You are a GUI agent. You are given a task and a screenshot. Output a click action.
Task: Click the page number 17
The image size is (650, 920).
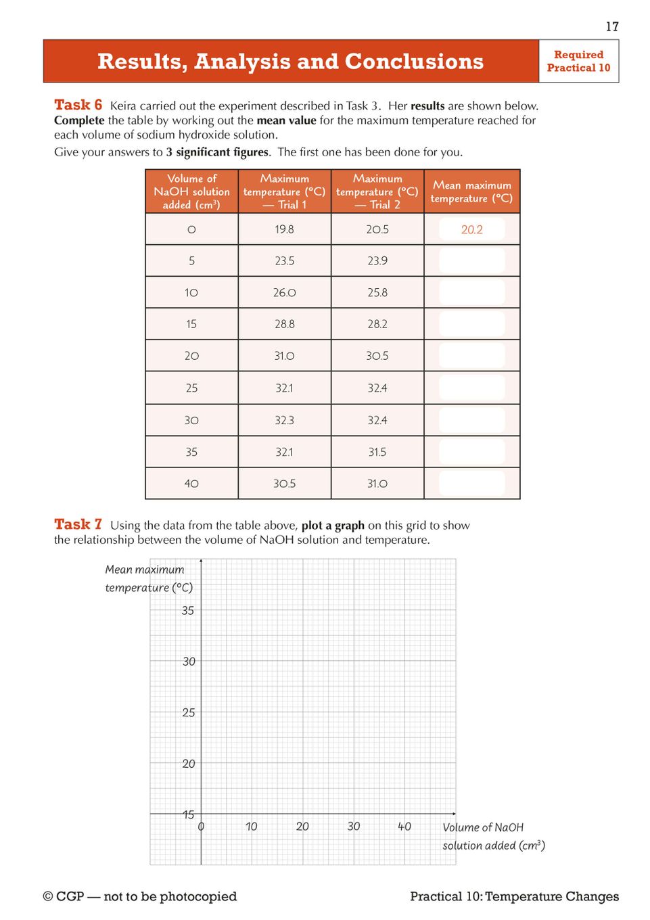tap(612, 26)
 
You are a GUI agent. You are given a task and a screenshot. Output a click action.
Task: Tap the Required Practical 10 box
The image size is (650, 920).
tap(578, 61)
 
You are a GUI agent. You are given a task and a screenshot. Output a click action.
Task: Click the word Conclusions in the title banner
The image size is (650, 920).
tap(414, 62)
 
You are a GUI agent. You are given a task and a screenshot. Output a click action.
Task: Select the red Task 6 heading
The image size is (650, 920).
tap(78, 105)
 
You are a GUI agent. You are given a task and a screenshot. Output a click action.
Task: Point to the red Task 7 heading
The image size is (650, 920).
tap(78, 524)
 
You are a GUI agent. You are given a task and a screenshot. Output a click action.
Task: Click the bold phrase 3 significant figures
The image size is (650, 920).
tap(218, 152)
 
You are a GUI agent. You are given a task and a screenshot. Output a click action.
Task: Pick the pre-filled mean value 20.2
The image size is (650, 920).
tap(471, 229)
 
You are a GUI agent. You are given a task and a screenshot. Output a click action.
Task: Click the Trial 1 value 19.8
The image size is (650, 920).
tap(284, 229)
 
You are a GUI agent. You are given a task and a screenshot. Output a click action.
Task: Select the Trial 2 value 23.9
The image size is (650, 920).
tap(377, 260)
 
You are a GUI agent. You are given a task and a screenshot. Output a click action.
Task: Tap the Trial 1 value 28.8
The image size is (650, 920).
tap(284, 324)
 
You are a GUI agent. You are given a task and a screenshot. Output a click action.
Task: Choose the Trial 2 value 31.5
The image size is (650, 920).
tap(377, 452)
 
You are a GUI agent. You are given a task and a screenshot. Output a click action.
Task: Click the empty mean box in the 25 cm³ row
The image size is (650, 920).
tap(471, 388)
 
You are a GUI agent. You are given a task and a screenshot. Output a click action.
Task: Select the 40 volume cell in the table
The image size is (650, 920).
tap(191, 484)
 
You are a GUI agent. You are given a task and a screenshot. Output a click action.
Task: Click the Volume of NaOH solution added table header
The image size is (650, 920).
tap(191, 191)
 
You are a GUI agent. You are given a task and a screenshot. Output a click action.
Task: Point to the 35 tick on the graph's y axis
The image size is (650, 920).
tap(188, 611)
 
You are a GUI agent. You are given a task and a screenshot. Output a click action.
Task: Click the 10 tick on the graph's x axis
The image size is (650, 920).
tap(252, 826)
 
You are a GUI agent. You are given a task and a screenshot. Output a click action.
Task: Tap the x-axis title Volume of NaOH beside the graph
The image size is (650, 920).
tap(483, 827)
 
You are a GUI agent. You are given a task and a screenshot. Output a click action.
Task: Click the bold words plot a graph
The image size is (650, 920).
tap(333, 525)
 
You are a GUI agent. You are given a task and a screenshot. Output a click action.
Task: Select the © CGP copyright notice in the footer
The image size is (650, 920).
tap(139, 896)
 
